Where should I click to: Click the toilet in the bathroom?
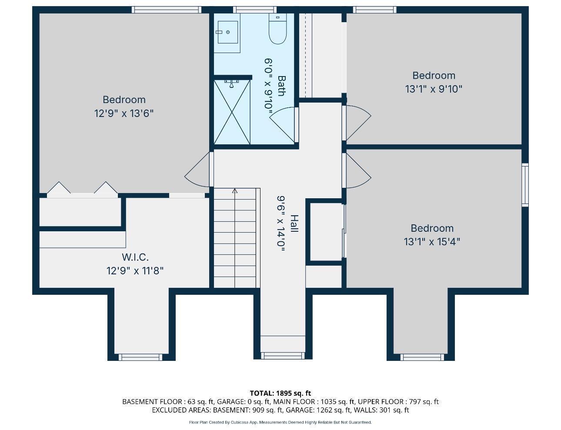point(277,28)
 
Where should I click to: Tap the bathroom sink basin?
point(228,32)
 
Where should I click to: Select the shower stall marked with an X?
point(232,112)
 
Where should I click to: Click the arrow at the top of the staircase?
point(235,191)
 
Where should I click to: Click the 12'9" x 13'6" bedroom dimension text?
point(124,113)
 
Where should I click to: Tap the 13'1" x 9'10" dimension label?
point(434,89)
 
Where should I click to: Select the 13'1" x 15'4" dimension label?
point(432,242)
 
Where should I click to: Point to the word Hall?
point(294,223)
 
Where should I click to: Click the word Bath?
point(281,86)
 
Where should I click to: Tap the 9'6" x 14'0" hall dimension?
point(280,223)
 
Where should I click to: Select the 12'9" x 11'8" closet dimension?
point(135,271)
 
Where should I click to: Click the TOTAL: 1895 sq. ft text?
point(280,393)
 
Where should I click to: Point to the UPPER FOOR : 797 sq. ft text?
point(398,402)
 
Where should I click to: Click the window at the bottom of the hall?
point(283,356)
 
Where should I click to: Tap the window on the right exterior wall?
point(525,185)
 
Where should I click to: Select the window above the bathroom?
point(255,10)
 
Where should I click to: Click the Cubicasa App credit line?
point(280,422)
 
